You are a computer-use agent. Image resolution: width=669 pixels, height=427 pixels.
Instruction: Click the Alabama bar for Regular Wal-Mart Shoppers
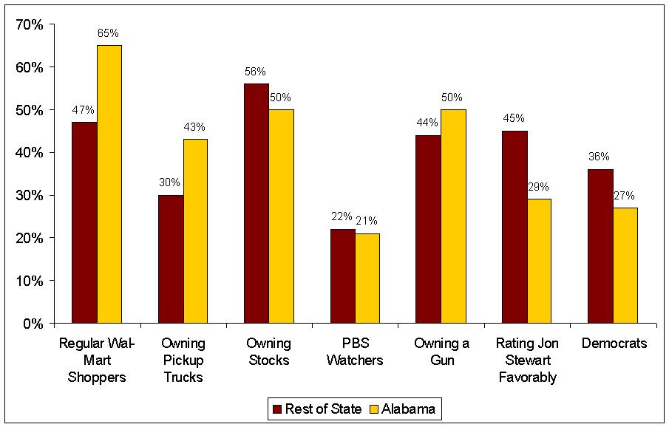coord(109,185)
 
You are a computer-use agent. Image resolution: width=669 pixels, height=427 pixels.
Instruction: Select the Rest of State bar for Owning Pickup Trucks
coord(171,259)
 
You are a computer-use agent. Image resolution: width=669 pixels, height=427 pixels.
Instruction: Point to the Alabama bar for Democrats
coord(625,265)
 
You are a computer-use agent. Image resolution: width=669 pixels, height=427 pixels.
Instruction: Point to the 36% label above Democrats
coord(599,157)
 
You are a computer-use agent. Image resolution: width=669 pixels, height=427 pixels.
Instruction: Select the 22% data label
coord(342,216)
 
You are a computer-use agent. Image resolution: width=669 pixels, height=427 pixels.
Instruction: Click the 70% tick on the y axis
coord(30,24)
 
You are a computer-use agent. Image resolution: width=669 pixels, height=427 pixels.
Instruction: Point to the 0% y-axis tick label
coord(33,324)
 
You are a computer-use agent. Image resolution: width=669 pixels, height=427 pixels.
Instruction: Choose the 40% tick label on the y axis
coord(30,153)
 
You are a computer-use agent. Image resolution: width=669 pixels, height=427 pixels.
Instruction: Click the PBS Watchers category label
coord(356,352)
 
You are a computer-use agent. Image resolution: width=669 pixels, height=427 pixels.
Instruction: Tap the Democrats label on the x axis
coord(614,344)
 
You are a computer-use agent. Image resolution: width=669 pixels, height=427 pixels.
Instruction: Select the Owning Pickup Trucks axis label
coord(183,361)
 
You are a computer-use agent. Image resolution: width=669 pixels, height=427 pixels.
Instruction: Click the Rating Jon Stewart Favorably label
coord(527,361)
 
